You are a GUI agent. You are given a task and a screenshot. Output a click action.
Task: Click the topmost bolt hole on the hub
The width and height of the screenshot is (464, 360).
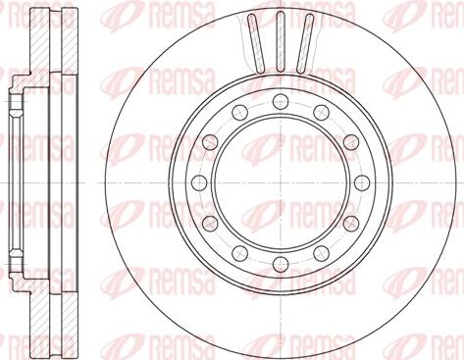coord(281,101)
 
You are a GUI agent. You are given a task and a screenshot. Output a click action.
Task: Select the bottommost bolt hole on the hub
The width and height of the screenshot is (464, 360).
coord(281,264)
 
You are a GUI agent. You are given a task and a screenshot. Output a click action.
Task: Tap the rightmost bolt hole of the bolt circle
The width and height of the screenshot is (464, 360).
coord(362,182)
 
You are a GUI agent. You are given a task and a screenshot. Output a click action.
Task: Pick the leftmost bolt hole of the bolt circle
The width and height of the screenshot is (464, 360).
coord(199,182)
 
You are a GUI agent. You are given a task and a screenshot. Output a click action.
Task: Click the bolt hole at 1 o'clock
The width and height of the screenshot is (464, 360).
coord(321,112)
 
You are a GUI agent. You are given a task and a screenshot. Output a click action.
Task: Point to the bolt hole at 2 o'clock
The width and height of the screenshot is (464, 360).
coord(351,142)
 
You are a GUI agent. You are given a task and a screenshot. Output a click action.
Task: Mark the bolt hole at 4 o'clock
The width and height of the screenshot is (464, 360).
coord(351,224)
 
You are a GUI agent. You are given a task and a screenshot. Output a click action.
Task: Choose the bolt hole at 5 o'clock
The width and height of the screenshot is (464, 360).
coord(321,253)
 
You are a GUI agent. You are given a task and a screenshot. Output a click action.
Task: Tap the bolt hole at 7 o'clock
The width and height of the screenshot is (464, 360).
coord(240,253)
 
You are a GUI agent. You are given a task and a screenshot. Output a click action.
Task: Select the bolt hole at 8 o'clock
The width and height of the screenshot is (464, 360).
coord(210,224)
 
